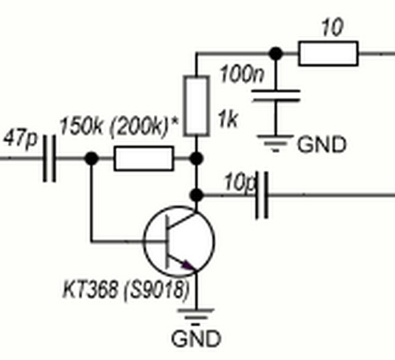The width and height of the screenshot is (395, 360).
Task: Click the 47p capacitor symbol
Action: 49,159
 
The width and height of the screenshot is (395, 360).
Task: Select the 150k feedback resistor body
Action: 144,159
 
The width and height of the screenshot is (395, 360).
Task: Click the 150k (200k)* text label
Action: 118,127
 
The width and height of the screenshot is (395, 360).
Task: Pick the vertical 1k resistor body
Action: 197,106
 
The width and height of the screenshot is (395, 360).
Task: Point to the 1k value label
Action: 227,119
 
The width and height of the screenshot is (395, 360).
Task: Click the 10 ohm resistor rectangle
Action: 328,53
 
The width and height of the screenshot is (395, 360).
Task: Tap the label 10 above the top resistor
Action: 332,27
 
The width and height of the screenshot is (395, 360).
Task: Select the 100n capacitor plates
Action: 276,95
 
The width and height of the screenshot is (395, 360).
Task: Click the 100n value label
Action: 242,74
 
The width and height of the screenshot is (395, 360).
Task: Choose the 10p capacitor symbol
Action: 262,195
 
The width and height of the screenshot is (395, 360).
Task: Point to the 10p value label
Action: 239,182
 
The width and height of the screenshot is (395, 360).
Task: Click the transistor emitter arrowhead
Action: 188,265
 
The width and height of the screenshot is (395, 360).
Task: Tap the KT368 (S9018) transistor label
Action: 126,289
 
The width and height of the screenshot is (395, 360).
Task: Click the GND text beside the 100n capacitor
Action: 322,145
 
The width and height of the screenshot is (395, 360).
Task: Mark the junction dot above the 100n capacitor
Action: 276,53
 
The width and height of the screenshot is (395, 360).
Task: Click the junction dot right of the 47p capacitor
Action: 91,159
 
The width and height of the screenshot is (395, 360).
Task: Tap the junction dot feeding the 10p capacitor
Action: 197,195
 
